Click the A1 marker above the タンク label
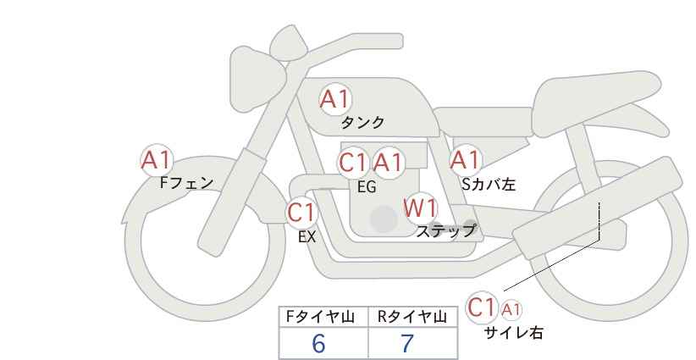coord(335,99)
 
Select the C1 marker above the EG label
coord(353,163)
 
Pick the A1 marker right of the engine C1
coord(388,163)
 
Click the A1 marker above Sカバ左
coord(466,160)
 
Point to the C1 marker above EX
coord(301,213)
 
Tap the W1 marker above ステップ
coord(421,208)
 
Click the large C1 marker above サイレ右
coord(482,307)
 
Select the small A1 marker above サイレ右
coord(511,310)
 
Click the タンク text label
coord(362,123)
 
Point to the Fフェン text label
coord(186,182)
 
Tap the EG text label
coord(367,187)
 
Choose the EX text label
coord(307,237)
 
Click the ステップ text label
coord(445,231)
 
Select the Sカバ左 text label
coord(489,184)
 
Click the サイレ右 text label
coord(514,333)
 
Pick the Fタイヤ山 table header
coord(320,317)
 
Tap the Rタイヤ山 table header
coord(412,317)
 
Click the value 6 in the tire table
coord(318,343)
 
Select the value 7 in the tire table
coord(407,343)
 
